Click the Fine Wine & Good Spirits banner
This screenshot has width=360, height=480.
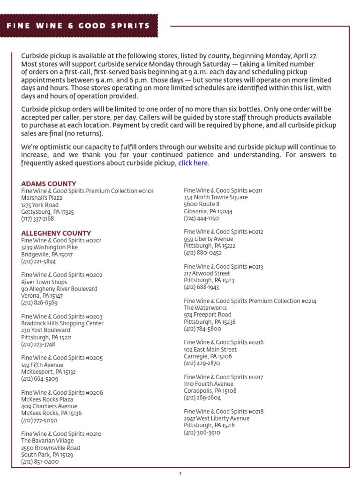(79, 26)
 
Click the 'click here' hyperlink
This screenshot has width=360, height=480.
(193, 163)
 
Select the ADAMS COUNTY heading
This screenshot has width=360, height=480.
(48, 184)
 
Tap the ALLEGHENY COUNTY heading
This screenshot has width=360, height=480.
(56, 233)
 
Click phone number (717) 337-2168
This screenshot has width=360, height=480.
(37, 218)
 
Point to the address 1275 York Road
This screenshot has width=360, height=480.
(40, 205)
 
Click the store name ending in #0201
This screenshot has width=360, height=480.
(61, 240)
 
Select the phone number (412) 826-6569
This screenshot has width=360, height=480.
(39, 303)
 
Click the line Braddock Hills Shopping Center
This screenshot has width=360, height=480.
(62, 323)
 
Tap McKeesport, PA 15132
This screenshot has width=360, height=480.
(48, 372)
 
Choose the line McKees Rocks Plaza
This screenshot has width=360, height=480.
(47, 399)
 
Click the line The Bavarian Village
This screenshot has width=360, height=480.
(47, 441)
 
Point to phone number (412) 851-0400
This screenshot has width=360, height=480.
(40, 462)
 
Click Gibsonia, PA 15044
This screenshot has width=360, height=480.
(208, 211)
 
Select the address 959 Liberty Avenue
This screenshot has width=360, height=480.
(208, 239)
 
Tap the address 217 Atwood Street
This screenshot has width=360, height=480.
(207, 273)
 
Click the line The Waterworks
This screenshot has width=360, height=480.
(205, 308)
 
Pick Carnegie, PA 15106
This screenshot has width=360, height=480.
(208, 356)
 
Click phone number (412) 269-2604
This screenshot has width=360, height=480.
(202, 397)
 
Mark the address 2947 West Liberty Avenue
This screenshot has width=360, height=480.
(217, 418)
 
